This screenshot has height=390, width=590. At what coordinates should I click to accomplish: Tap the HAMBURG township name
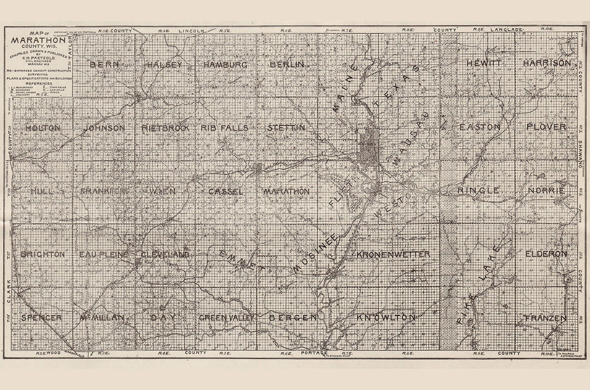pyautogui.click(x=226, y=65)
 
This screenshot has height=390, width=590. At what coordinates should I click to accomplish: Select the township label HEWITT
pyautogui.click(x=483, y=63)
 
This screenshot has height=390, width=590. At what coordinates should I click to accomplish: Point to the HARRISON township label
pyautogui.click(x=547, y=63)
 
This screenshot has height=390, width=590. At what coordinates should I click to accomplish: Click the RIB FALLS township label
pyautogui.click(x=225, y=128)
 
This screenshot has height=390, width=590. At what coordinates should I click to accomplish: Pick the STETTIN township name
pyautogui.click(x=286, y=128)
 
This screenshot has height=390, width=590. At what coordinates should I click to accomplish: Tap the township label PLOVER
pyautogui.click(x=546, y=127)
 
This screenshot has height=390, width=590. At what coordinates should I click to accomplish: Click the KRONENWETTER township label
pyautogui.click(x=393, y=254)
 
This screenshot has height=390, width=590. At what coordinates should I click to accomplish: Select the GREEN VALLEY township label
pyautogui.click(x=226, y=318)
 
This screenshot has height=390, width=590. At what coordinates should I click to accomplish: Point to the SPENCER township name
pyautogui.click(x=41, y=318)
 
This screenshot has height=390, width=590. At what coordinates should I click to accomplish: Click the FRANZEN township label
pyautogui.click(x=546, y=319)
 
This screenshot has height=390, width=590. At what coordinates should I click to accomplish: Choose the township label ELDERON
pyautogui.click(x=546, y=254)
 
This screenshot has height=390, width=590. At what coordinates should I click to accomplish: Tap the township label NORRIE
pyautogui.click(x=547, y=190)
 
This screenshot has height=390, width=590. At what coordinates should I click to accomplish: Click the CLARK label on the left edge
pyautogui.click(x=9, y=291)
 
